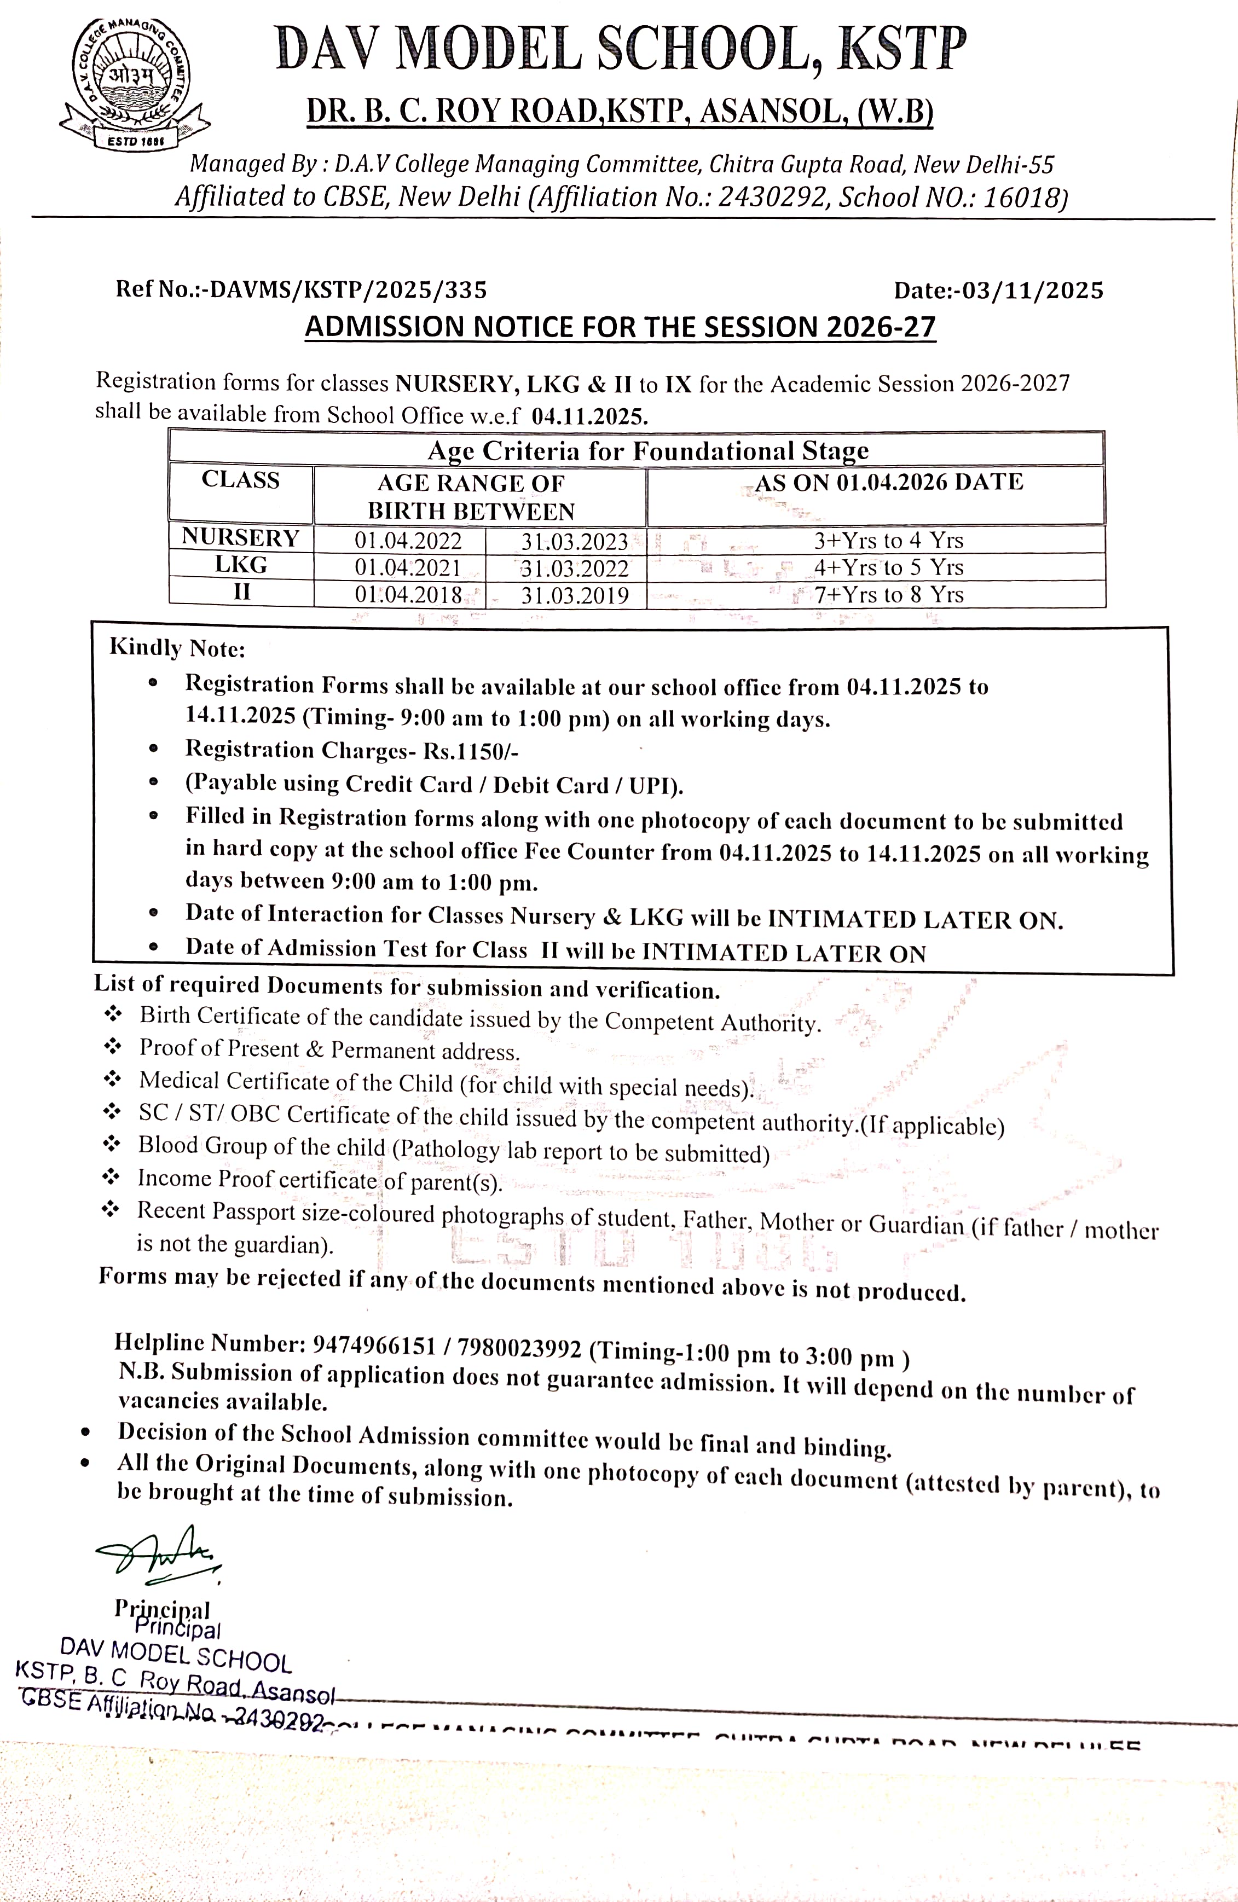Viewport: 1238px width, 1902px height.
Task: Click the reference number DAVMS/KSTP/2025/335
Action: [x=345, y=289]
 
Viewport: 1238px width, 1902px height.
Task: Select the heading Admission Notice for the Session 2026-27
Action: [x=620, y=327]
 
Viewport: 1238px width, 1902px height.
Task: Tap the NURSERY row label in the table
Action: [x=241, y=538]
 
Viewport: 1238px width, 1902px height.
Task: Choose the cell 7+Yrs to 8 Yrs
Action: [x=889, y=595]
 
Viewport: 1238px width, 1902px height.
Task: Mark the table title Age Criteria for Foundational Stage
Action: [x=647, y=451]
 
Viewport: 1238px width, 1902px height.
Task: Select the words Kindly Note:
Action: [x=177, y=647]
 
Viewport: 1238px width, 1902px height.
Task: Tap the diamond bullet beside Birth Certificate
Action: [x=113, y=1014]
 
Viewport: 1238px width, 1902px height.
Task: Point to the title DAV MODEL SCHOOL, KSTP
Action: [x=620, y=50]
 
